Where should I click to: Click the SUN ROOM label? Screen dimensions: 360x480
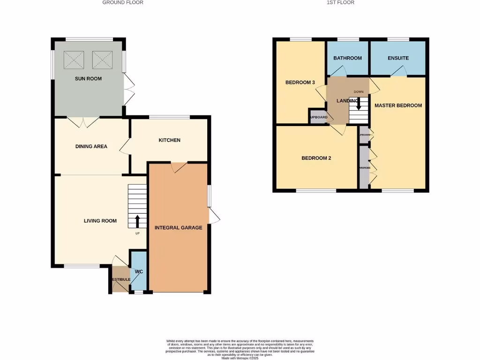(88, 79)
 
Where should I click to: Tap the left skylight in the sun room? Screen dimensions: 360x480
(74, 60)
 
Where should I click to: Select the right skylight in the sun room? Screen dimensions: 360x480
(103, 60)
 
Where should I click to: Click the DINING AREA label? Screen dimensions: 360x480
(91, 146)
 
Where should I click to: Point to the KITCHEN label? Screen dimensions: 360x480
(169, 140)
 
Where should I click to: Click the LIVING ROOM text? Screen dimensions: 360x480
(100, 221)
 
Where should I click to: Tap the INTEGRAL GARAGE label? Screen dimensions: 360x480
(178, 228)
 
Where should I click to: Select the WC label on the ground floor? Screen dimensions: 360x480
(138, 272)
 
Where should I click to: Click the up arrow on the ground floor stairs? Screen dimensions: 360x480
(137, 220)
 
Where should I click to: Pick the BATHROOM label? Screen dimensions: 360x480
(347, 58)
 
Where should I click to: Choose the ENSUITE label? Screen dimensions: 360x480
(398, 58)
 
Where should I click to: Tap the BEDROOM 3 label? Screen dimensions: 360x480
(300, 82)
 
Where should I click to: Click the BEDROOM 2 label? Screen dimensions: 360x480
(316, 158)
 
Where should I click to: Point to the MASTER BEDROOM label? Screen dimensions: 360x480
(398, 105)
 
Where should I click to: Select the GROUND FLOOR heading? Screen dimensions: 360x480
(123, 2)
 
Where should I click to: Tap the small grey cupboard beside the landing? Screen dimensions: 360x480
(317, 117)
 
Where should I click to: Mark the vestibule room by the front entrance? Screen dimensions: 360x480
(120, 279)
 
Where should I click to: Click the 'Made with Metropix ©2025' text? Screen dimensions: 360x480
(240, 358)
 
